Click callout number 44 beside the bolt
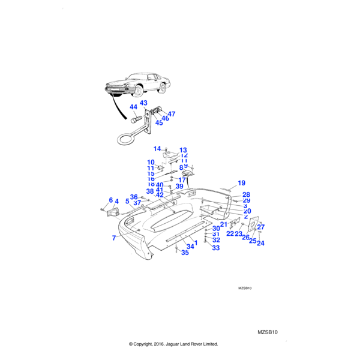(x=133, y=108)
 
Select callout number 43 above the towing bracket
(x=144, y=103)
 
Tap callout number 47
(x=172, y=114)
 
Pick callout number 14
(x=157, y=149)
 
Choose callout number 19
(x=242, y=183)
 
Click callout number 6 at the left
(x=110, y=200)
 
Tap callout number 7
(x=114, y=238)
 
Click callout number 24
(x=260, y=243)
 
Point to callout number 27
(x=260, y=227)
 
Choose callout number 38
(x=150, y=191)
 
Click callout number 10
(x=151, y=163)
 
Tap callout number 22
(x=230, y=233)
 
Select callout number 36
(x=134, y=197)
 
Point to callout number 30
(x=216, y=229)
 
